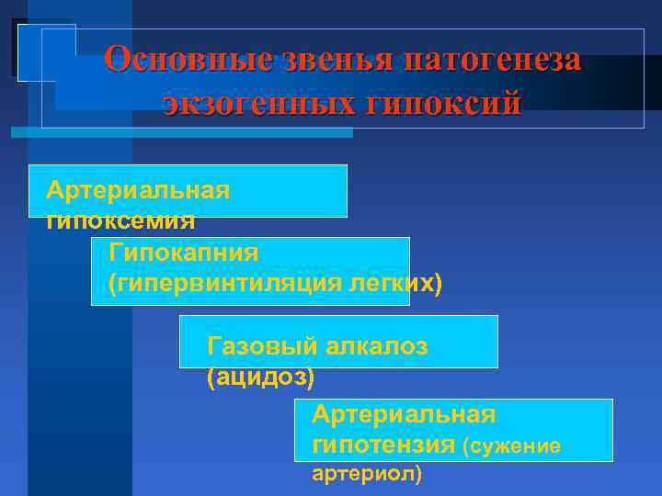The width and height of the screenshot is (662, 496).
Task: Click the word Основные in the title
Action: point(188,61)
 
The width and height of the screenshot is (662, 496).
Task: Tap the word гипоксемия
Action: point(120,220)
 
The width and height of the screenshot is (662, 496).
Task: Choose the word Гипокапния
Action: point(184,252)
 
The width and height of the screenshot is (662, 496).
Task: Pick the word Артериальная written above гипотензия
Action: point(404,415)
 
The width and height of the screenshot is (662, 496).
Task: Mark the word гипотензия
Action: point(383,445)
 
